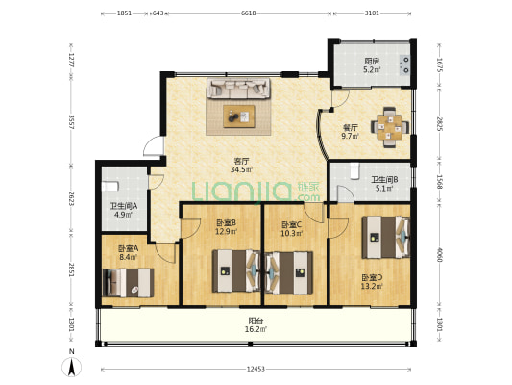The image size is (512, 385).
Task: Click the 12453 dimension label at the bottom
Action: [256, 370]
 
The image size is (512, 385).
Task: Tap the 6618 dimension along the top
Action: [248, 13]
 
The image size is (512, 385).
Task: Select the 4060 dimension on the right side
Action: [439, 255]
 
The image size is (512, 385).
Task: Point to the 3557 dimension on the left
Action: [71, 121]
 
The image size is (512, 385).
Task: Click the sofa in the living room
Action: [238, 88]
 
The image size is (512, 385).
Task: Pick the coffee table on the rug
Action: [238, 116]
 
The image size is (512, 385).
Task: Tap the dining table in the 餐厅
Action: [390, 127]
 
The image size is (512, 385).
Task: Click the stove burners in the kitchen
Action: [405, 64]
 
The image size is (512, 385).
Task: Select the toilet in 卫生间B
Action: [354, 171]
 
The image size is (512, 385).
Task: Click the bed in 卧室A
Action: [128, 283]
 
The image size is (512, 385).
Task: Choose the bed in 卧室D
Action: [386, 237]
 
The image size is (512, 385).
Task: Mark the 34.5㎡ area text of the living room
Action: [241, 169]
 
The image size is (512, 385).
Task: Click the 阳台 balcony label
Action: [256, 321]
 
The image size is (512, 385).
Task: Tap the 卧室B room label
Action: [227, 223]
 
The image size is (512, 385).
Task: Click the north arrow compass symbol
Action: [72, 367]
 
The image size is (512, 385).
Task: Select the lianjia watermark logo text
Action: [256, 192]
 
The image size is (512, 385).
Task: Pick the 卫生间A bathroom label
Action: [123, 206]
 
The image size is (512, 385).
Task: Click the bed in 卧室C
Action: [289, 272]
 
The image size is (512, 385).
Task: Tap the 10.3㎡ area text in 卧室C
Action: [292, 233]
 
